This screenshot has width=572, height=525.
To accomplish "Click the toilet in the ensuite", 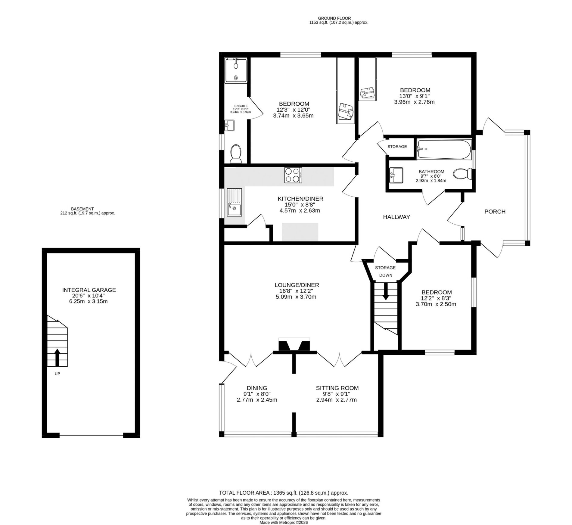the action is (235, 154).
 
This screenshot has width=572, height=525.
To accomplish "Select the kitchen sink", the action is (235, 202).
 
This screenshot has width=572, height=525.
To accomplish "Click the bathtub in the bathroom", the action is (444, 149).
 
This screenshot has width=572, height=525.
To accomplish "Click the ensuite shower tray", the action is (236, 70).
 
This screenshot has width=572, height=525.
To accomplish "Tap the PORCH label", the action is (495, 212).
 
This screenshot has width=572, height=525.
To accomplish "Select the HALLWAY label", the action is (396, 217).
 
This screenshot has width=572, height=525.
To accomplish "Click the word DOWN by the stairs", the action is (386, 275).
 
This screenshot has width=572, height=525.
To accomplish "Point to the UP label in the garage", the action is (57, 374).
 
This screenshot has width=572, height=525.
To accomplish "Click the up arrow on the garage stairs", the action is (57, 358).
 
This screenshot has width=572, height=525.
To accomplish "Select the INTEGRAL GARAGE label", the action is (89, 290).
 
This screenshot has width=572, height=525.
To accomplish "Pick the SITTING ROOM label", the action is (337, 388).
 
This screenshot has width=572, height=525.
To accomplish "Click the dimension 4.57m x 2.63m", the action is (300, 210).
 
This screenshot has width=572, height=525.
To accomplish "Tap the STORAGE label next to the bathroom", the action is (397, 147).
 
